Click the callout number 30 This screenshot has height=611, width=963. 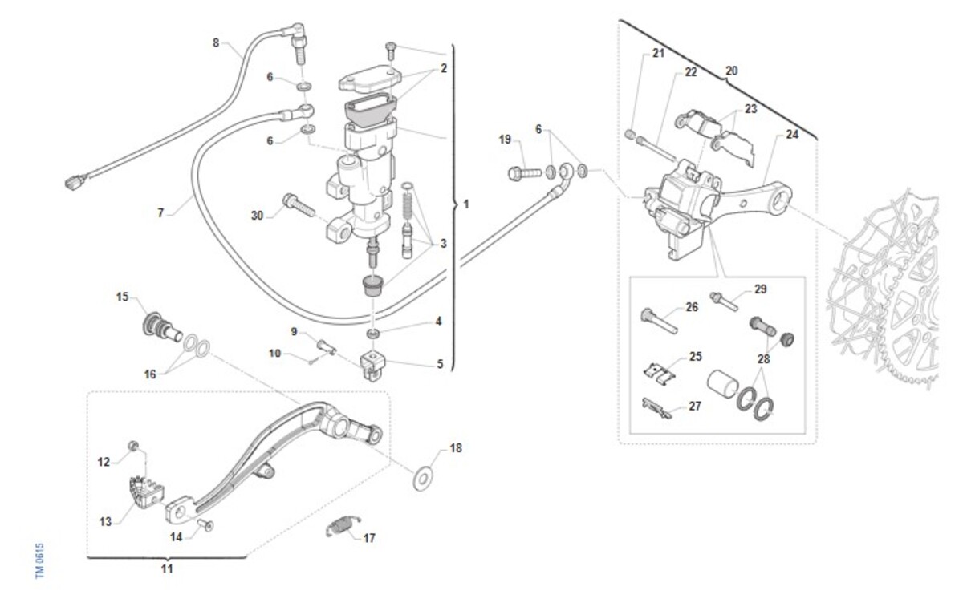257,215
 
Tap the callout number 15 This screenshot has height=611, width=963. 122,297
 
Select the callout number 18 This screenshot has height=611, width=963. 456,448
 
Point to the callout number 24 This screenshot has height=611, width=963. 792,135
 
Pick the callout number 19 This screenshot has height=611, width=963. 505,140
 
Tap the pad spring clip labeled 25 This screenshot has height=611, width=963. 660,371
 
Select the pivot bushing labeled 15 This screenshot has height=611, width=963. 159,328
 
